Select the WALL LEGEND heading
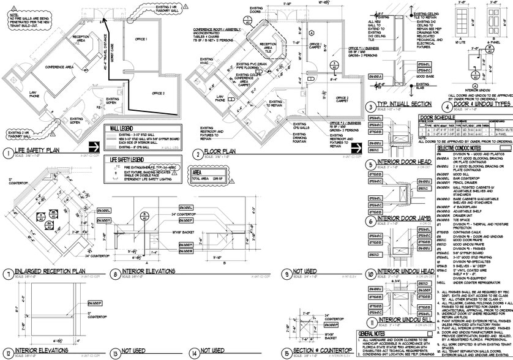coord(120,129)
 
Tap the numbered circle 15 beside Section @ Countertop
coord(287,354)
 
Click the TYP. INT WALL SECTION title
coord(406,106)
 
